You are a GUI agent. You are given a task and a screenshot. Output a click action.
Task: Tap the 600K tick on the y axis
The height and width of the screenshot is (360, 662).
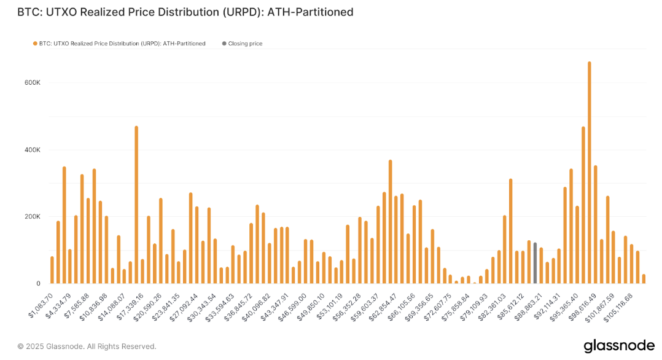click(x=32, y=82)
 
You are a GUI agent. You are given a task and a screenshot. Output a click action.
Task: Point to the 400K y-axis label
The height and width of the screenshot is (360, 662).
click(x=32, y=150)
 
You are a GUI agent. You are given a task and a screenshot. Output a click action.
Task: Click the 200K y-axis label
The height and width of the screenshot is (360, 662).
click(x=32, y=217)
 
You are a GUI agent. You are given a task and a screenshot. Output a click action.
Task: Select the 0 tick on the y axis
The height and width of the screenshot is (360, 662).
click(x=38, y=284)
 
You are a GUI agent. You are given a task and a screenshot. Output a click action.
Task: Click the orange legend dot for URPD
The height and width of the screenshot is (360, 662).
click(x=35, y=44)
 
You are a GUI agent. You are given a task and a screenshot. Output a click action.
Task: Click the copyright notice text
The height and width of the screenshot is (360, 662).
click(x=87, y=346)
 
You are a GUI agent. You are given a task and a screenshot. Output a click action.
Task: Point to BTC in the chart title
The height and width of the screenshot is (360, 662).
click(x=26, y=12)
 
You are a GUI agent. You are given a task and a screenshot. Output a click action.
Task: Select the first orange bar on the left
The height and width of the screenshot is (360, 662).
click(x=52, y=270)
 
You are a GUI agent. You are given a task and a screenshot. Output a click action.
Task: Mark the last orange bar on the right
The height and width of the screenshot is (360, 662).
click(x=644, y=279)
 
